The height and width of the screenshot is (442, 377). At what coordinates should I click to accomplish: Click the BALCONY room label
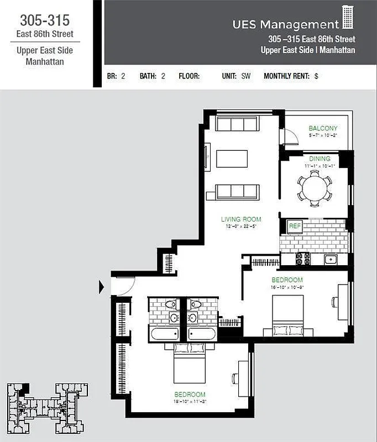click(323, 128)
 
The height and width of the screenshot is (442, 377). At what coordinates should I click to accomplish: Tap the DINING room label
click(320, 159)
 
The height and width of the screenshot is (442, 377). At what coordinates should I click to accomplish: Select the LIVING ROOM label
click(240, 219)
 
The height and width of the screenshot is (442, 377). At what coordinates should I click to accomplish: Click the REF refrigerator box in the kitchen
click(294, 226)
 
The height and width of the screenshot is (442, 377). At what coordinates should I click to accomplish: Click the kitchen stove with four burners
click(303, 258)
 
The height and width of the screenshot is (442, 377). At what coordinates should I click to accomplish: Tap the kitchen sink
click(331, 259)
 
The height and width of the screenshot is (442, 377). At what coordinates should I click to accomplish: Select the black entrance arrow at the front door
click(102, 287)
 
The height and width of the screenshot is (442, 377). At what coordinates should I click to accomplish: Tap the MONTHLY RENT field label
click(286, 77)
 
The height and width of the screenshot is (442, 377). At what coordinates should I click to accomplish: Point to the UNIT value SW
click(246, 77)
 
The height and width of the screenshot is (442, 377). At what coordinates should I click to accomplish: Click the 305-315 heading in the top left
click(45, 20)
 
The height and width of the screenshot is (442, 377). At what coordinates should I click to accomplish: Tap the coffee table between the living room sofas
click(232, 159)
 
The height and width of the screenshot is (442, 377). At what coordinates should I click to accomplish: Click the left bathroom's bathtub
click(164, 334)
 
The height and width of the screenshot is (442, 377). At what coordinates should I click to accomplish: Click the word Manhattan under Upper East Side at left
click(45, 61)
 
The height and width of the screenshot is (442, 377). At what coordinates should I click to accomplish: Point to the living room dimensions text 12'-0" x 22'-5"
click(240, 227)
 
